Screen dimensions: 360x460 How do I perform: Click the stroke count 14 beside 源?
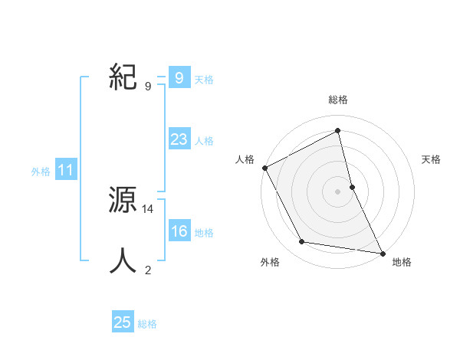point(149,208)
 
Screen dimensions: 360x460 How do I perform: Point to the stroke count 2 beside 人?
point(148,270)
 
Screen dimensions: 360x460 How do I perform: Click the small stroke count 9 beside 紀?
point(148,86)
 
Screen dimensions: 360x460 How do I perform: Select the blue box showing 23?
point(179,139)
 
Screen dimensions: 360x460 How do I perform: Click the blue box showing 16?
point(179,232)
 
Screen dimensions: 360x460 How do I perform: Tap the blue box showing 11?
point(66,171)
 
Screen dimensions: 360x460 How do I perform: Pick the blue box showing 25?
point(123,322)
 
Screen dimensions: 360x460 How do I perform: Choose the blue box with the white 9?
point(179,77)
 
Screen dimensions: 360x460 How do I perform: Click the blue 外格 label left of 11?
point(41,172)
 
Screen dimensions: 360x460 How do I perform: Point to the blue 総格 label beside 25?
point(147,324)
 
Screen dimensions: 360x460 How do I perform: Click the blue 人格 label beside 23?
point(204,141)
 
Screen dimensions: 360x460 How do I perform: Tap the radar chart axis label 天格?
point(432,159)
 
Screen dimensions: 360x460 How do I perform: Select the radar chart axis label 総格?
point(338,100)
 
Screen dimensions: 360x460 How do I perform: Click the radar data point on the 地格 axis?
point(382,252)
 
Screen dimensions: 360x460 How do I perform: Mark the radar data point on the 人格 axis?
point(265,168)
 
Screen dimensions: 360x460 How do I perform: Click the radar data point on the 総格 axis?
point(338,131)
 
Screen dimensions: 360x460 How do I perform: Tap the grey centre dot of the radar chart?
point(338,191)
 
